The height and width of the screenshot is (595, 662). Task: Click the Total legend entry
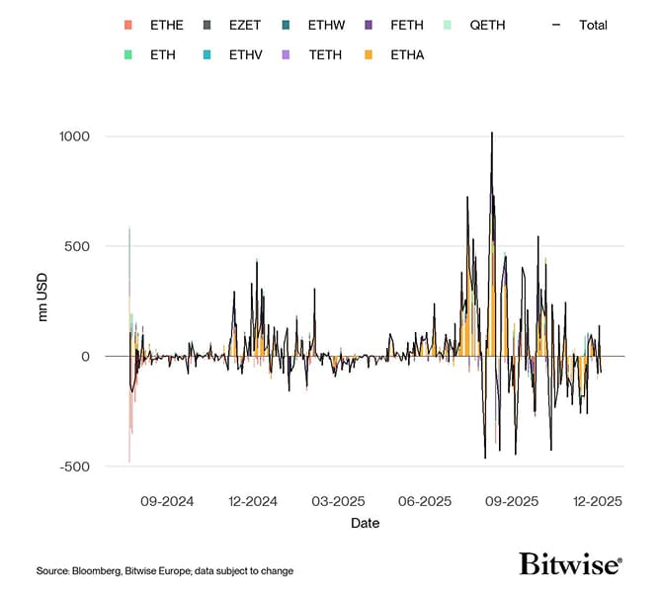pyautogui.click(x=585, y=25)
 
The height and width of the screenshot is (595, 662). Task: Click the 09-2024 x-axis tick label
pyautogui.click(x=167, y=501)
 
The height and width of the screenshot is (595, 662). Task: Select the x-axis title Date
pyautogui.click(x=365, y=523)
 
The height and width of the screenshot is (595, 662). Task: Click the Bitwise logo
pyautogui.click(x=570, y=563)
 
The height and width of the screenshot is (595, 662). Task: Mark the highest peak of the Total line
pyautogui.click(x=492, y=132)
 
